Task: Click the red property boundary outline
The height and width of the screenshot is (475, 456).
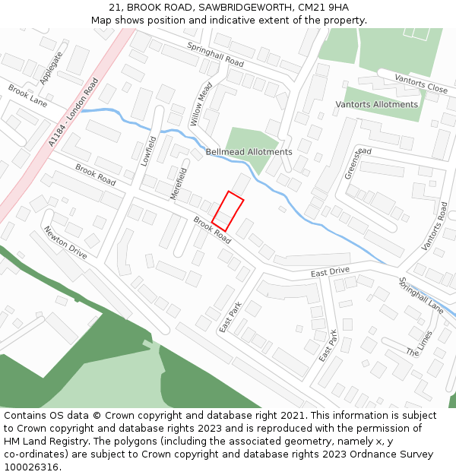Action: tap(227, 211)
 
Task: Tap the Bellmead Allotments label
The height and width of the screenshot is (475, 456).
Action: tap(249, 152)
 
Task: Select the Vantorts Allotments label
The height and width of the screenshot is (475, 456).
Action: tap(376, 104)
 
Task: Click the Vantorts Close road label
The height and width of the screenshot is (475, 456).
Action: tap(422, 84)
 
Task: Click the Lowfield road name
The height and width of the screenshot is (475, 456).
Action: tap(149, 150)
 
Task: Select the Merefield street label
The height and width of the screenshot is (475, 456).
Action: tap(179, 183)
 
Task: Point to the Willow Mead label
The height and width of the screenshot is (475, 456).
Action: tap(201, 104)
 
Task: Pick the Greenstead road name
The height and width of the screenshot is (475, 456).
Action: tap(358, 163)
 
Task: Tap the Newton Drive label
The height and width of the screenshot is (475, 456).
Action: tap(65, 242)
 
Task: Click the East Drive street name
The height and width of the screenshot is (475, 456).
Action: tap(330, 271)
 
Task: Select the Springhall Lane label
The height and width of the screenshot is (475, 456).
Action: tap(421, 296)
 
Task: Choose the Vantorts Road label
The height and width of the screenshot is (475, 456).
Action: tap(435, 226)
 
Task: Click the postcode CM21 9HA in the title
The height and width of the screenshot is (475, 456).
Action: tap(317, 7)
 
